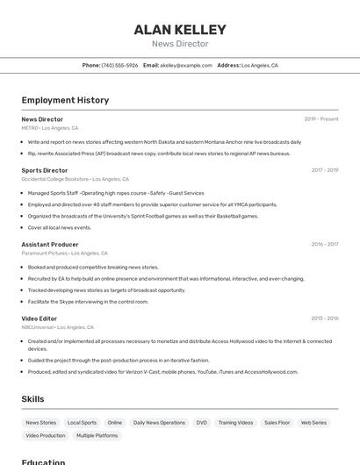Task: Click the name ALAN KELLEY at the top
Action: coord(180,30)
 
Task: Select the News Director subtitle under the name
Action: coord(180,44)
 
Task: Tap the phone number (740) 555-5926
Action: coord(119,65)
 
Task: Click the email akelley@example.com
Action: coord(186,65)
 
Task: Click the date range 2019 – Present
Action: coord(321,119)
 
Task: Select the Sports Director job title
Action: coord(45,170)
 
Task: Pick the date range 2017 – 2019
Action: coord(325,170)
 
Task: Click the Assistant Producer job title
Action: coord(50,245)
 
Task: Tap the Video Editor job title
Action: coord(40,318)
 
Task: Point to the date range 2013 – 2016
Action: coord(325,318)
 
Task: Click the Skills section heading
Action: coord(32,399)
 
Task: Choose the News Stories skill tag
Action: coord(41,423)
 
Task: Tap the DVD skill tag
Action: coord(202,423)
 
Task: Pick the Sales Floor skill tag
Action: coord(277,423)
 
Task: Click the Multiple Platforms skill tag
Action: coord(97,435)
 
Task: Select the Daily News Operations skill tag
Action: coord(159,423)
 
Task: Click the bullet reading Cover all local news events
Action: coord(59,227)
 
